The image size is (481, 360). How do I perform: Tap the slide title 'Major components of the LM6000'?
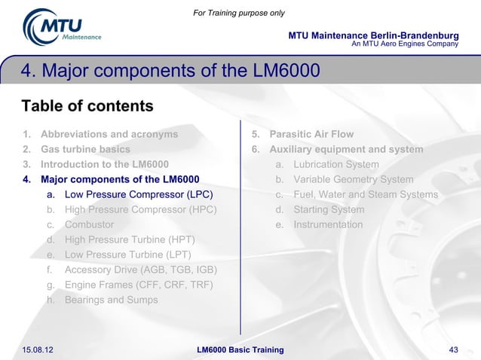pos(171,72)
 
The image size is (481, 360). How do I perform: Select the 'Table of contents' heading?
pos(87,105)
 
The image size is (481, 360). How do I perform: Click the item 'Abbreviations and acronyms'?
pos(109,135)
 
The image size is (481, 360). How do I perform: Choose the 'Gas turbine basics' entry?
pos(85,150)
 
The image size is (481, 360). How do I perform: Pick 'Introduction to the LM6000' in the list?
pos(105,165)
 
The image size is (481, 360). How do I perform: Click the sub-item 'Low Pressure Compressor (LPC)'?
pos(133,195)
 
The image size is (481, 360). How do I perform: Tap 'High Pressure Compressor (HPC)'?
pos(140,210)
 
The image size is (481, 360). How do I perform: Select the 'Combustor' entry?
pos(90,225)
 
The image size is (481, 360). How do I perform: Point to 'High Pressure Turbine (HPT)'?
pos(130,240)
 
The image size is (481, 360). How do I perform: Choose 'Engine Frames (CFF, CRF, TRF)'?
pos(139,285)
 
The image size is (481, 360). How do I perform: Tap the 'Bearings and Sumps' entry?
pos(112,300)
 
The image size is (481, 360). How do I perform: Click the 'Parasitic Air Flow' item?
pos(311,135)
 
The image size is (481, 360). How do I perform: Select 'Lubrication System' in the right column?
pos(336,165)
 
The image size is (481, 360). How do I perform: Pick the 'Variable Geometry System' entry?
pos(354,180)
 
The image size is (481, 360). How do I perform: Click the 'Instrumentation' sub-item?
pos(328,225)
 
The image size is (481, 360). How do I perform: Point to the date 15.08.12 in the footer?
pos(42,350)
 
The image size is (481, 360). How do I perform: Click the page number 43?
pos(453,350)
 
